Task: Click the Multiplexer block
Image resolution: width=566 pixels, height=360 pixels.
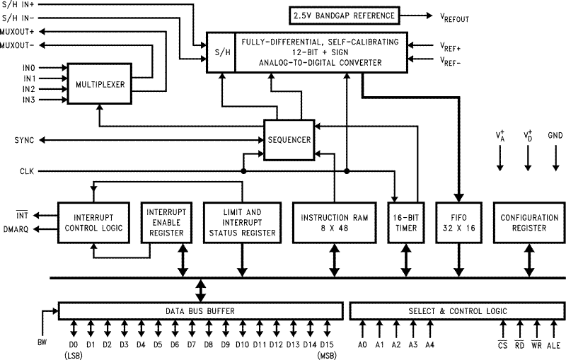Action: (100, 84)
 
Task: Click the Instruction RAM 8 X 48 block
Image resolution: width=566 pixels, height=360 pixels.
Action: (333, 222)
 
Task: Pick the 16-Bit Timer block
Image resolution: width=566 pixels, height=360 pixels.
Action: (405, 222)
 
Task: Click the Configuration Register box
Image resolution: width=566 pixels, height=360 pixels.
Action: (529, 222)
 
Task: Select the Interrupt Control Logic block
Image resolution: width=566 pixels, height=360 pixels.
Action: (93, 222)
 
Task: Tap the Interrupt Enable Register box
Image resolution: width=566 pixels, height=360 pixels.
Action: (166, 222)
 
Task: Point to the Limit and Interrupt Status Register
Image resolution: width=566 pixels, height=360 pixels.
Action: (243, 222)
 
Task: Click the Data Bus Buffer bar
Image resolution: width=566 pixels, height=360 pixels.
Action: (200, 310)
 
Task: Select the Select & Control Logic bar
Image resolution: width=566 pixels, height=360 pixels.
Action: (456, 310)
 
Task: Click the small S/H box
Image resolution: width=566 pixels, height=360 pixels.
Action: (221, 52)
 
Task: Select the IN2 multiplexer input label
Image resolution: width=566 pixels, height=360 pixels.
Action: (29, 89)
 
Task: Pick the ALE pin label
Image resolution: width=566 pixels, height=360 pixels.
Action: (553, 344)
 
